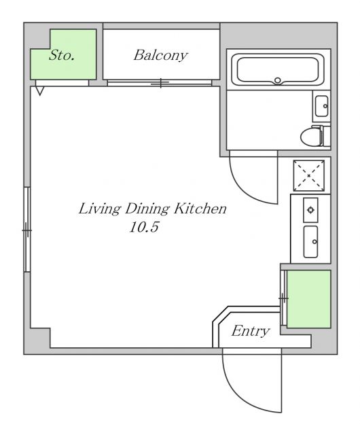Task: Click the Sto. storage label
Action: pos(62,55)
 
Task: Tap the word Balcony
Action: pos(160,55)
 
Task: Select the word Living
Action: pos(100,209)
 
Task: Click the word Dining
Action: pos(147,209)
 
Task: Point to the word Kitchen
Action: pos(200,209)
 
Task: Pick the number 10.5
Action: pos(144,228)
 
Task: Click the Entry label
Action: pos(250,331)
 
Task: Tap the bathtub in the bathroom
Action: pos(278,69)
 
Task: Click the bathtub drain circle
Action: pos(278,81)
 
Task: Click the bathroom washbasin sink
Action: pos(322,106)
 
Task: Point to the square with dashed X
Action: pos(308,175)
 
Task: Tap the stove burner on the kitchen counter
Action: pos(310,210)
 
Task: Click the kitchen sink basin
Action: pos(310,242)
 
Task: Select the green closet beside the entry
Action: pos(308,299)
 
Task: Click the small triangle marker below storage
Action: pos(39,90)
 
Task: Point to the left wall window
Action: pos(27,230)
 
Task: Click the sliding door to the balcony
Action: pos(160,83)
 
